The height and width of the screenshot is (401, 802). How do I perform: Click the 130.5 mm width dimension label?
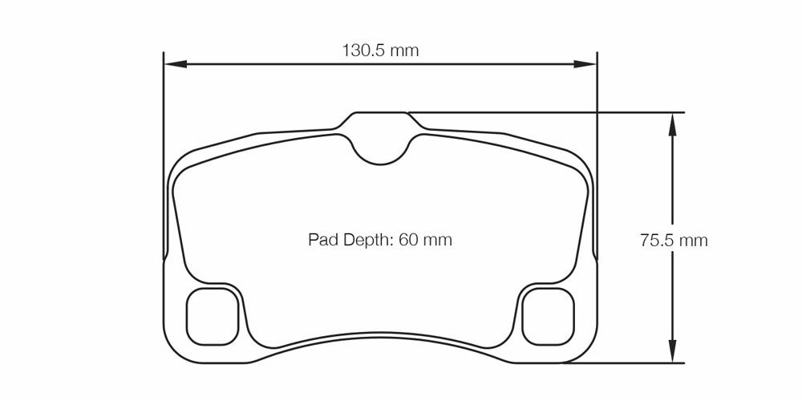pyautogui.click(x=380, y=51)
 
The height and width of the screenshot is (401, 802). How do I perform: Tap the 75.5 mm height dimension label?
pyautogui.click(x=674, y=241)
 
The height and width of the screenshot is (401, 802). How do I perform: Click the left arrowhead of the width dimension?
pyautogui.click(x=175, y=64)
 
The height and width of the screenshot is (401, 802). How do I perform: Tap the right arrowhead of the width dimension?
pyautogui.click(x=585, y=64)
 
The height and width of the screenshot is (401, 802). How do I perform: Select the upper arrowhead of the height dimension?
pyautogui.click(x=672, y=124)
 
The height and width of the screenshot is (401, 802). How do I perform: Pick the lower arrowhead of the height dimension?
pyautogui.click(x=672, y=351)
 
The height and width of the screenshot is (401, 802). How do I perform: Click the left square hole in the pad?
pyautogui.click(x=213, y=316)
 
